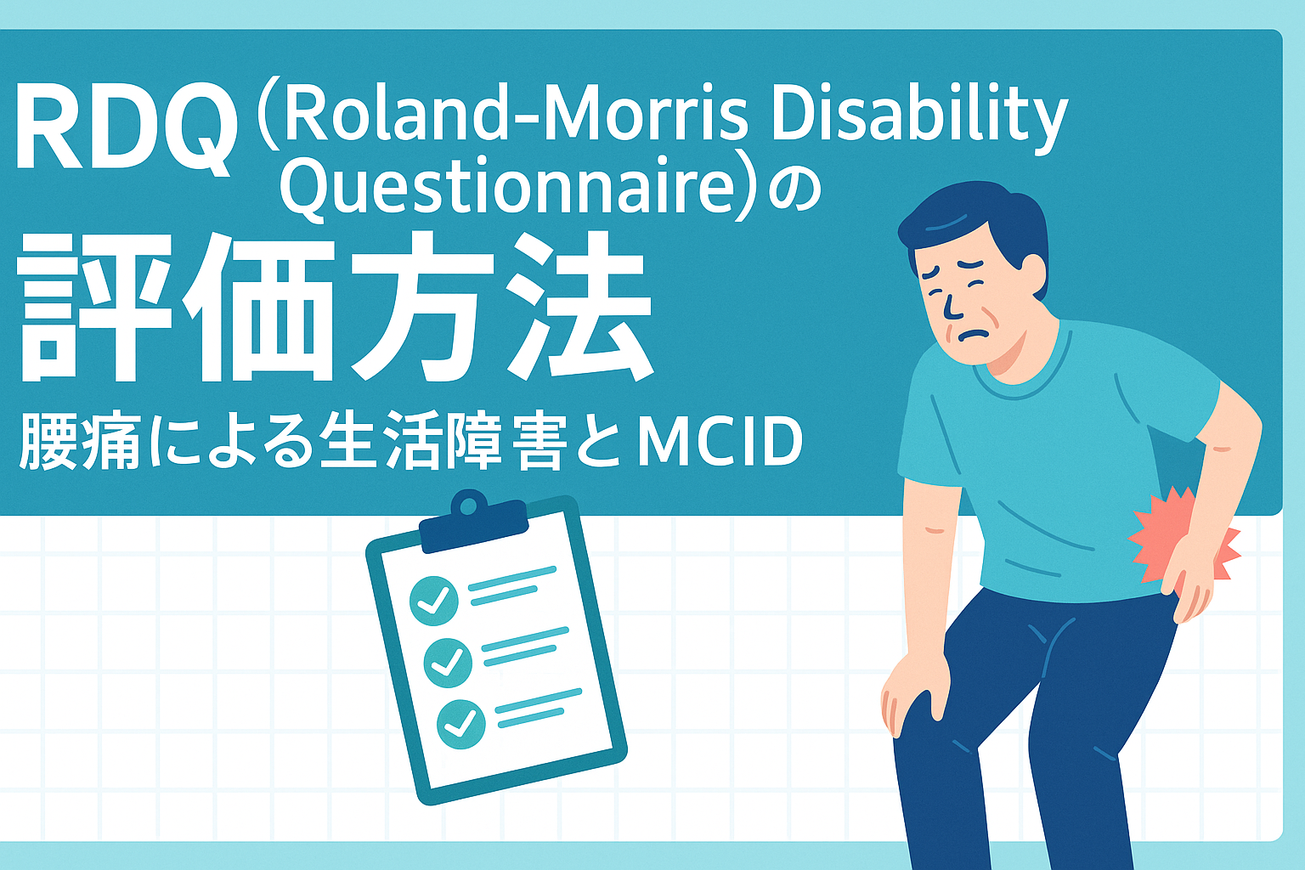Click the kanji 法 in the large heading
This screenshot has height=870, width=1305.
[x=577, y=306]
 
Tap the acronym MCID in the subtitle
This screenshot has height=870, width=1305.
[x=720, y=441]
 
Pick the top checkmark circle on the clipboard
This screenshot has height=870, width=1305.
[x=433, y=601]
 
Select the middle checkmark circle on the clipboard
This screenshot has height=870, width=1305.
[x=448, y=663]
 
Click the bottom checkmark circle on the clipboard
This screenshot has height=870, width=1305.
[x=460, y=724]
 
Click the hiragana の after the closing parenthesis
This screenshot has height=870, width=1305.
[x=794, y=190]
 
